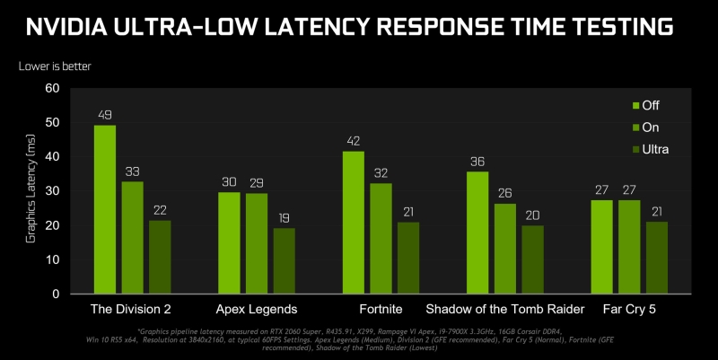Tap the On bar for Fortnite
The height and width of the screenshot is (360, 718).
[381, 238]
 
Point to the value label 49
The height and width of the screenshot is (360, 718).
[105, 115]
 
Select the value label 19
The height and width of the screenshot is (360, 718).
[284, 217]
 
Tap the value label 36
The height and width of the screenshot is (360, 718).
[477, 161]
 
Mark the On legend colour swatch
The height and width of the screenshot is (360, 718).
[629, 127]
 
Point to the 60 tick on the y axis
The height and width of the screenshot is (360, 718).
[51, 88]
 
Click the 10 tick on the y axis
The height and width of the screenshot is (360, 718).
[51, 259]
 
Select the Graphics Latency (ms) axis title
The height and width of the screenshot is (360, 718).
[30, 189]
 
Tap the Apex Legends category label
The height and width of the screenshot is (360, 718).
[257, 310]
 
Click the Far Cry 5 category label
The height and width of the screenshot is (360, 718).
[630, 310]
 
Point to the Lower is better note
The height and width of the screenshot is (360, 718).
[55, 66]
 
